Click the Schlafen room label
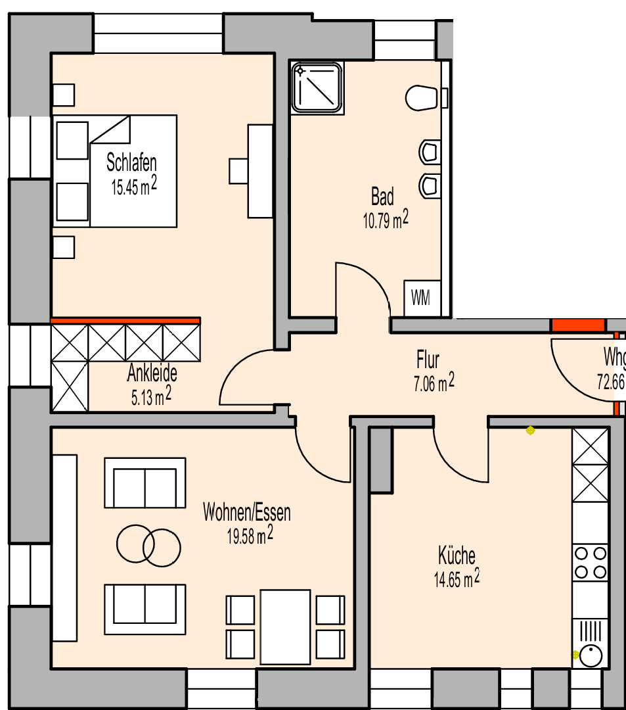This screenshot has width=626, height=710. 131,163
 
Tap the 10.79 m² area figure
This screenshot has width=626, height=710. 385,220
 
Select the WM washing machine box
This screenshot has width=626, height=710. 420,298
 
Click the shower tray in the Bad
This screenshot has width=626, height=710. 318,87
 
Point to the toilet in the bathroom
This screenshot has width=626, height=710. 421,98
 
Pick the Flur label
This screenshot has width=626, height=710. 428,360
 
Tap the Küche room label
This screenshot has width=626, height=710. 457,556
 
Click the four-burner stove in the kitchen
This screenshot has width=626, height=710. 590,562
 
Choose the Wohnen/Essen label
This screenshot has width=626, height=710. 247,512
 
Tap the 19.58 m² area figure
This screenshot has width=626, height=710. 250,536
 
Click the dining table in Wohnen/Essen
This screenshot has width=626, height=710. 285,627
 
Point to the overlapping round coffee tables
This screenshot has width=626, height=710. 148,545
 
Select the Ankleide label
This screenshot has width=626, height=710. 152,374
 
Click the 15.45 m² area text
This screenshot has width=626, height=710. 134,187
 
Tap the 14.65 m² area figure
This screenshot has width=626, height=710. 456,579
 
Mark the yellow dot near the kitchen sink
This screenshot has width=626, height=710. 576,655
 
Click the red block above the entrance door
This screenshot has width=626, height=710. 577,325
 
